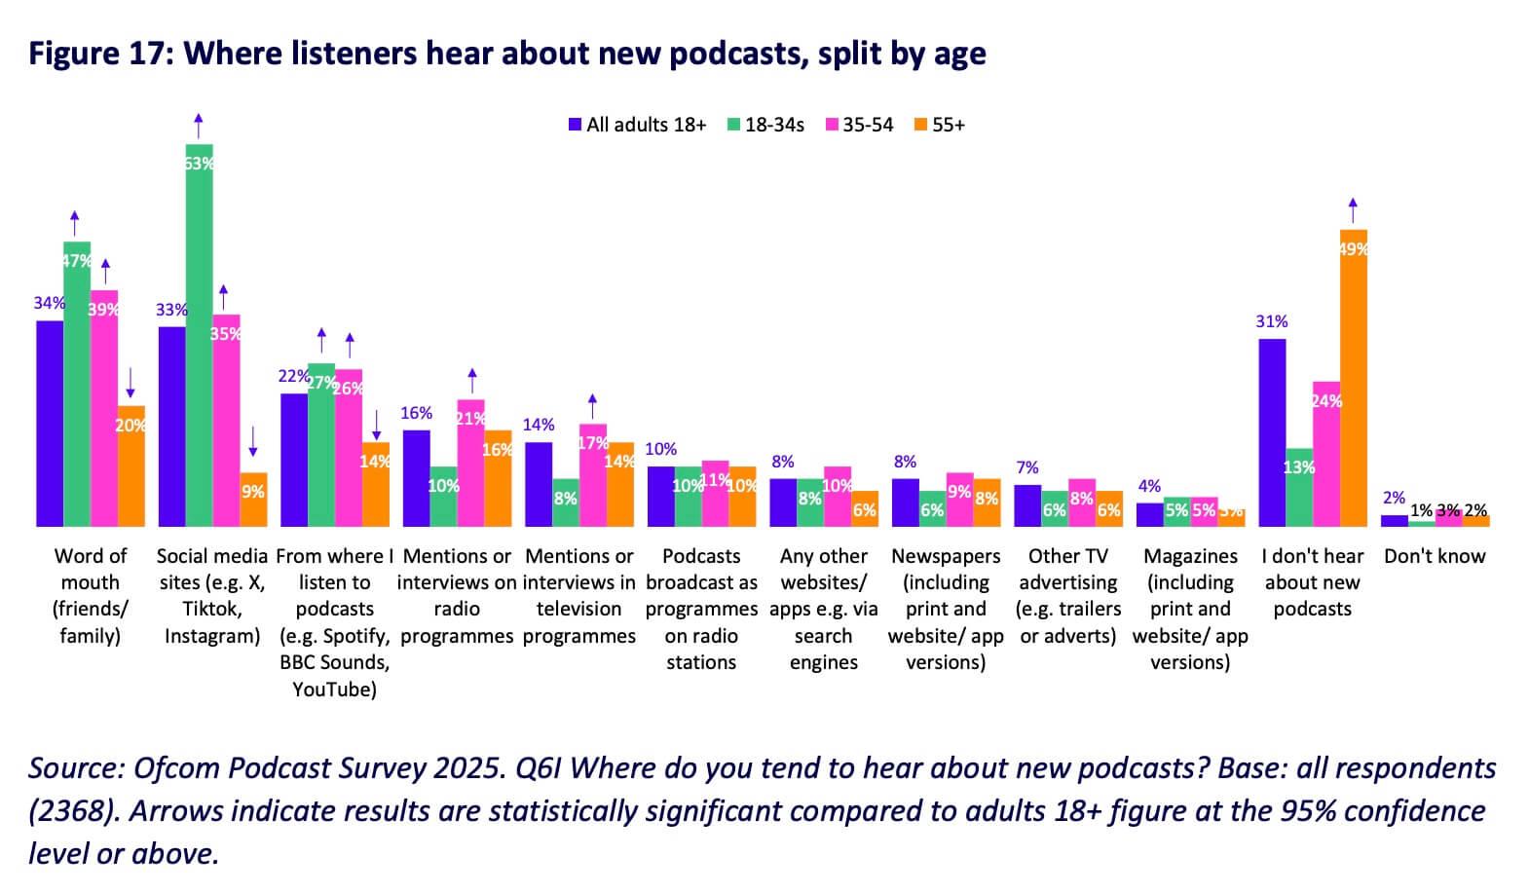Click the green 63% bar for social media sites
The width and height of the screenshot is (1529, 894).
199,336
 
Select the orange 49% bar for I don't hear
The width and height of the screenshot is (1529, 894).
1353,380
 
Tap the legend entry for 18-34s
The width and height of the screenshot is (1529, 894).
765,125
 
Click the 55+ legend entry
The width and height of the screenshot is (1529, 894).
939,125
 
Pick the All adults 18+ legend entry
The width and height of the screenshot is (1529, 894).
638,125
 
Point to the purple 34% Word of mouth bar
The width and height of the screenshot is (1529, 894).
50,424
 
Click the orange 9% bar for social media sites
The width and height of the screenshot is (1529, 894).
253,501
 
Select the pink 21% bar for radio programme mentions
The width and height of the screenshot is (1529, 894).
470,464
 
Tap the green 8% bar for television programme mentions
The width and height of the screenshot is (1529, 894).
565,503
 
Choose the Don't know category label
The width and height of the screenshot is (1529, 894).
1435,556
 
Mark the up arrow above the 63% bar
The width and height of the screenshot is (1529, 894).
199,125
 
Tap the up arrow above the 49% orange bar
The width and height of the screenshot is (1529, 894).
1353,209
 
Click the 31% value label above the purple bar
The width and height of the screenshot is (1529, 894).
1272,321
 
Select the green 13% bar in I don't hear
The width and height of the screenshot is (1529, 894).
1298,487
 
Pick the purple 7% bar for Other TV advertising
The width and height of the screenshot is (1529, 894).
1027,505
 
